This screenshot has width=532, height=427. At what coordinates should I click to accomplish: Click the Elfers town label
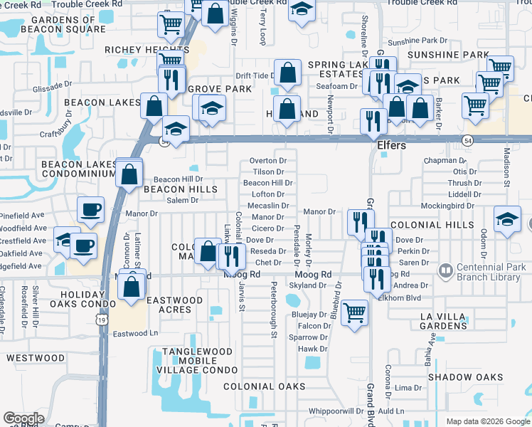click(390, 146)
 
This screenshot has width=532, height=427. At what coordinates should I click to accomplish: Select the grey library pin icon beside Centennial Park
click(446, 270)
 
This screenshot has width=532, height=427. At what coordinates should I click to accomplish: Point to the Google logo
click(23, 418)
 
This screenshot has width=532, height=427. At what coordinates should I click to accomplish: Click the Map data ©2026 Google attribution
click(487, 421)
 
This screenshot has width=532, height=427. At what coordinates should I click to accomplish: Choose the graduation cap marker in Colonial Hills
click(507, 218)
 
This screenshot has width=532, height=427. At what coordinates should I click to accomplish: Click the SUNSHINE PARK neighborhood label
click(442, 54)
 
